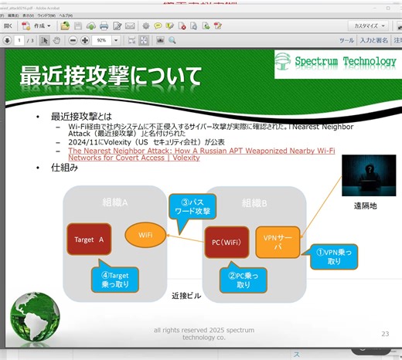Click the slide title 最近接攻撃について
[x=110, y=76]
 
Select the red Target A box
[x=90, y=240]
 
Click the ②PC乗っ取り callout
[x=243, y=279]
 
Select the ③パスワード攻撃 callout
[x=191, y=208]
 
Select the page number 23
[x=384, y=334]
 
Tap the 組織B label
[x=254, y=202]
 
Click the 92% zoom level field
[x=103, y=39]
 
